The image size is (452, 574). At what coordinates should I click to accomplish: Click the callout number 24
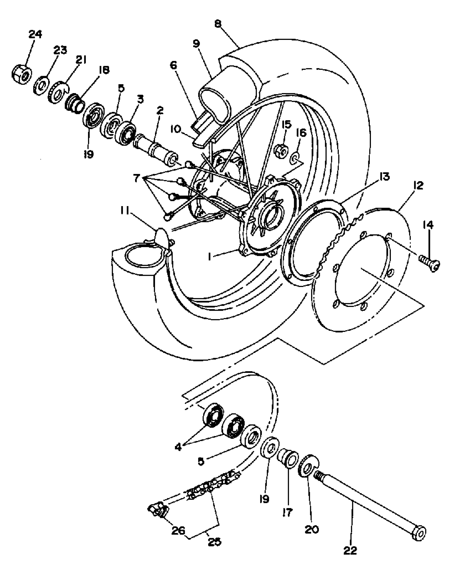(35, 35)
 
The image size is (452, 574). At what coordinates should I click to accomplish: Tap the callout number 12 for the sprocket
(418, 186)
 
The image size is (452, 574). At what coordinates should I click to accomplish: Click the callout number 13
(384, 177)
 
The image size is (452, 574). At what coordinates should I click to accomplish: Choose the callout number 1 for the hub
(210, 257)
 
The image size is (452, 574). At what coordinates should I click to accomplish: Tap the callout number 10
(175, 130)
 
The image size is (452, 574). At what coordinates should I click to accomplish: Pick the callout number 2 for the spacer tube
(160, 111)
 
